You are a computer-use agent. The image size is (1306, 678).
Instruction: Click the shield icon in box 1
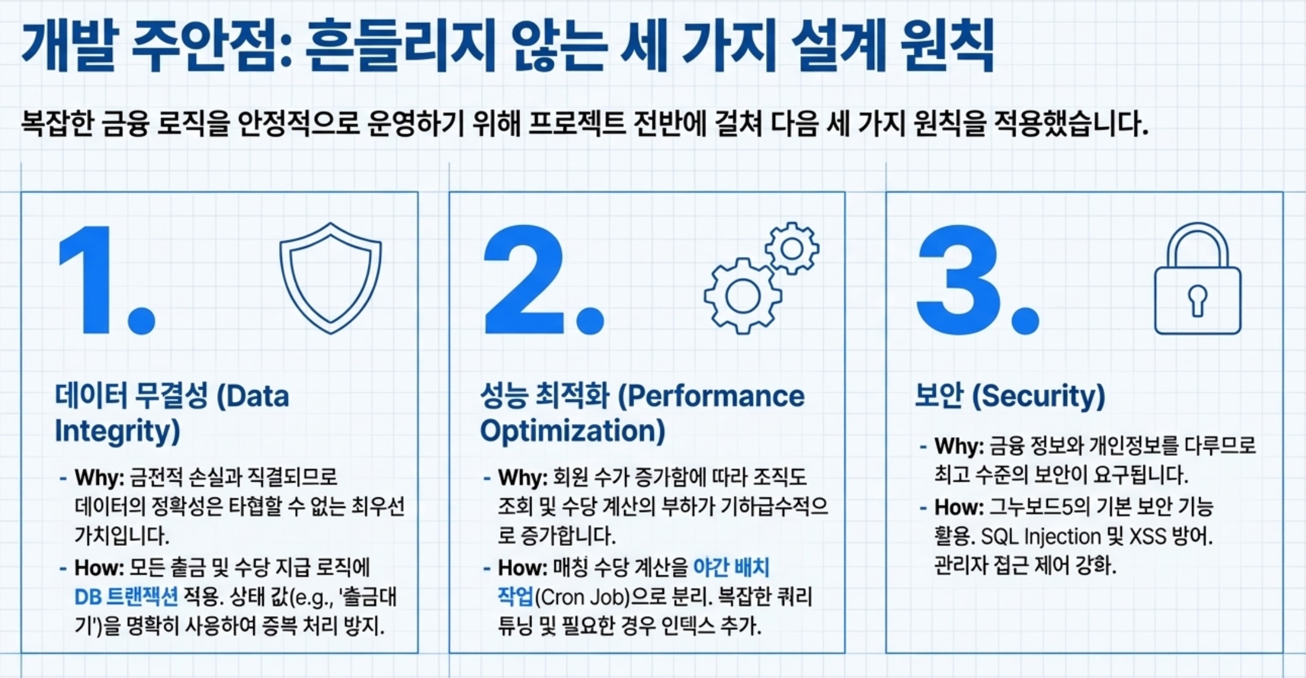point(331,277)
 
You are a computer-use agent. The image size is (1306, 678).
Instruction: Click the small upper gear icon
point(792,248)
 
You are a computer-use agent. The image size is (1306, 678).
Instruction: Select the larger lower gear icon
point(743,295)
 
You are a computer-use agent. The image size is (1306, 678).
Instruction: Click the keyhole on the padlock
point(1198,300)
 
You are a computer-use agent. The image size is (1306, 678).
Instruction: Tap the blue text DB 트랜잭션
point(126,597)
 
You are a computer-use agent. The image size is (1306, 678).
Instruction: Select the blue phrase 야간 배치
point(731,567)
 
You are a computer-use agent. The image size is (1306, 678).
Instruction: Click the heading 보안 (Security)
point(1010,396)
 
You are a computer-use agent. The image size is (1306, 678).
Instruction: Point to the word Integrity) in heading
point(118,431)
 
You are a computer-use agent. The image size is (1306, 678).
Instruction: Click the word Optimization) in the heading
point(572,431)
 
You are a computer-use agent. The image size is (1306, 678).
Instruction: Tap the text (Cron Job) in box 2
point(582,597)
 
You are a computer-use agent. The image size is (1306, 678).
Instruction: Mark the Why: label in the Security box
point(959,446)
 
